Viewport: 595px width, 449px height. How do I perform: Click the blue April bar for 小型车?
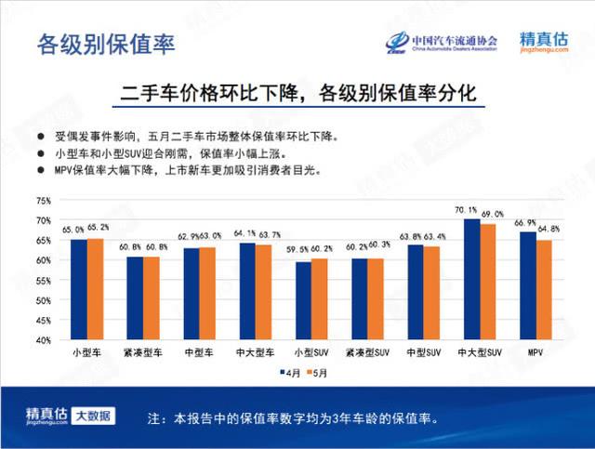pos(79,289)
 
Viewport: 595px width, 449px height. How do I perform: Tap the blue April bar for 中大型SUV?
pos(472,279)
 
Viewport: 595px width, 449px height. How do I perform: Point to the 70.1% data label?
pos(467,210)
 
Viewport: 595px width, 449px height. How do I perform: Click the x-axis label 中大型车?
pos(255,353)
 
